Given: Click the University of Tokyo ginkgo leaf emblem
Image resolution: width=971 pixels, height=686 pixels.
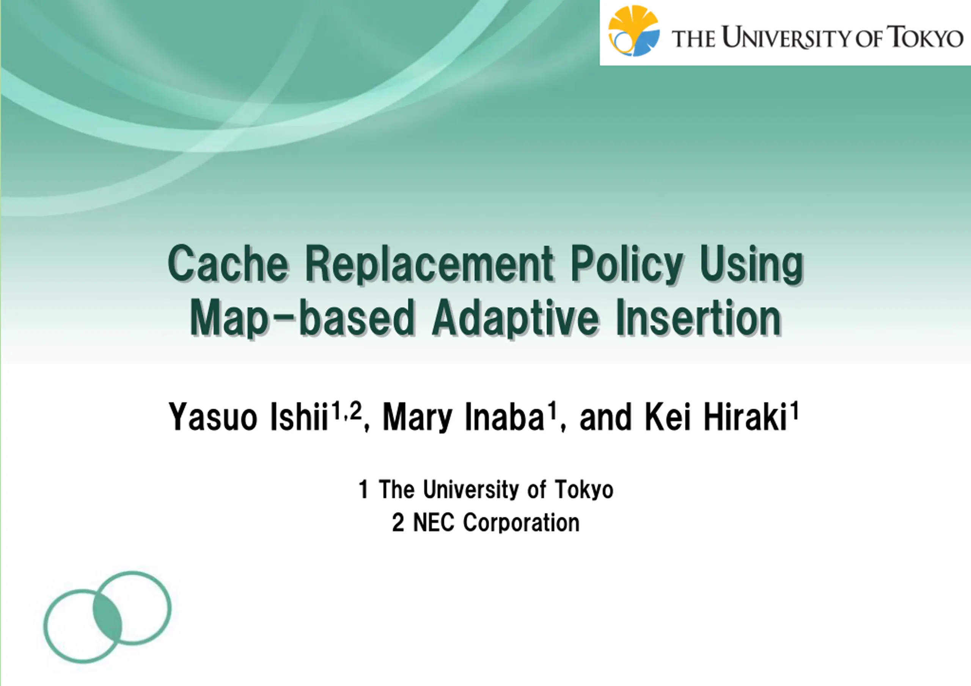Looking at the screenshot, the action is (x=633, y=30).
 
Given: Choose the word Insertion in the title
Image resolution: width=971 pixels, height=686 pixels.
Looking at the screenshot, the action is (x=698, y=317).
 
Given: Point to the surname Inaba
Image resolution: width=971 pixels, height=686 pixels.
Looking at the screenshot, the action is (x=504, y=417).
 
